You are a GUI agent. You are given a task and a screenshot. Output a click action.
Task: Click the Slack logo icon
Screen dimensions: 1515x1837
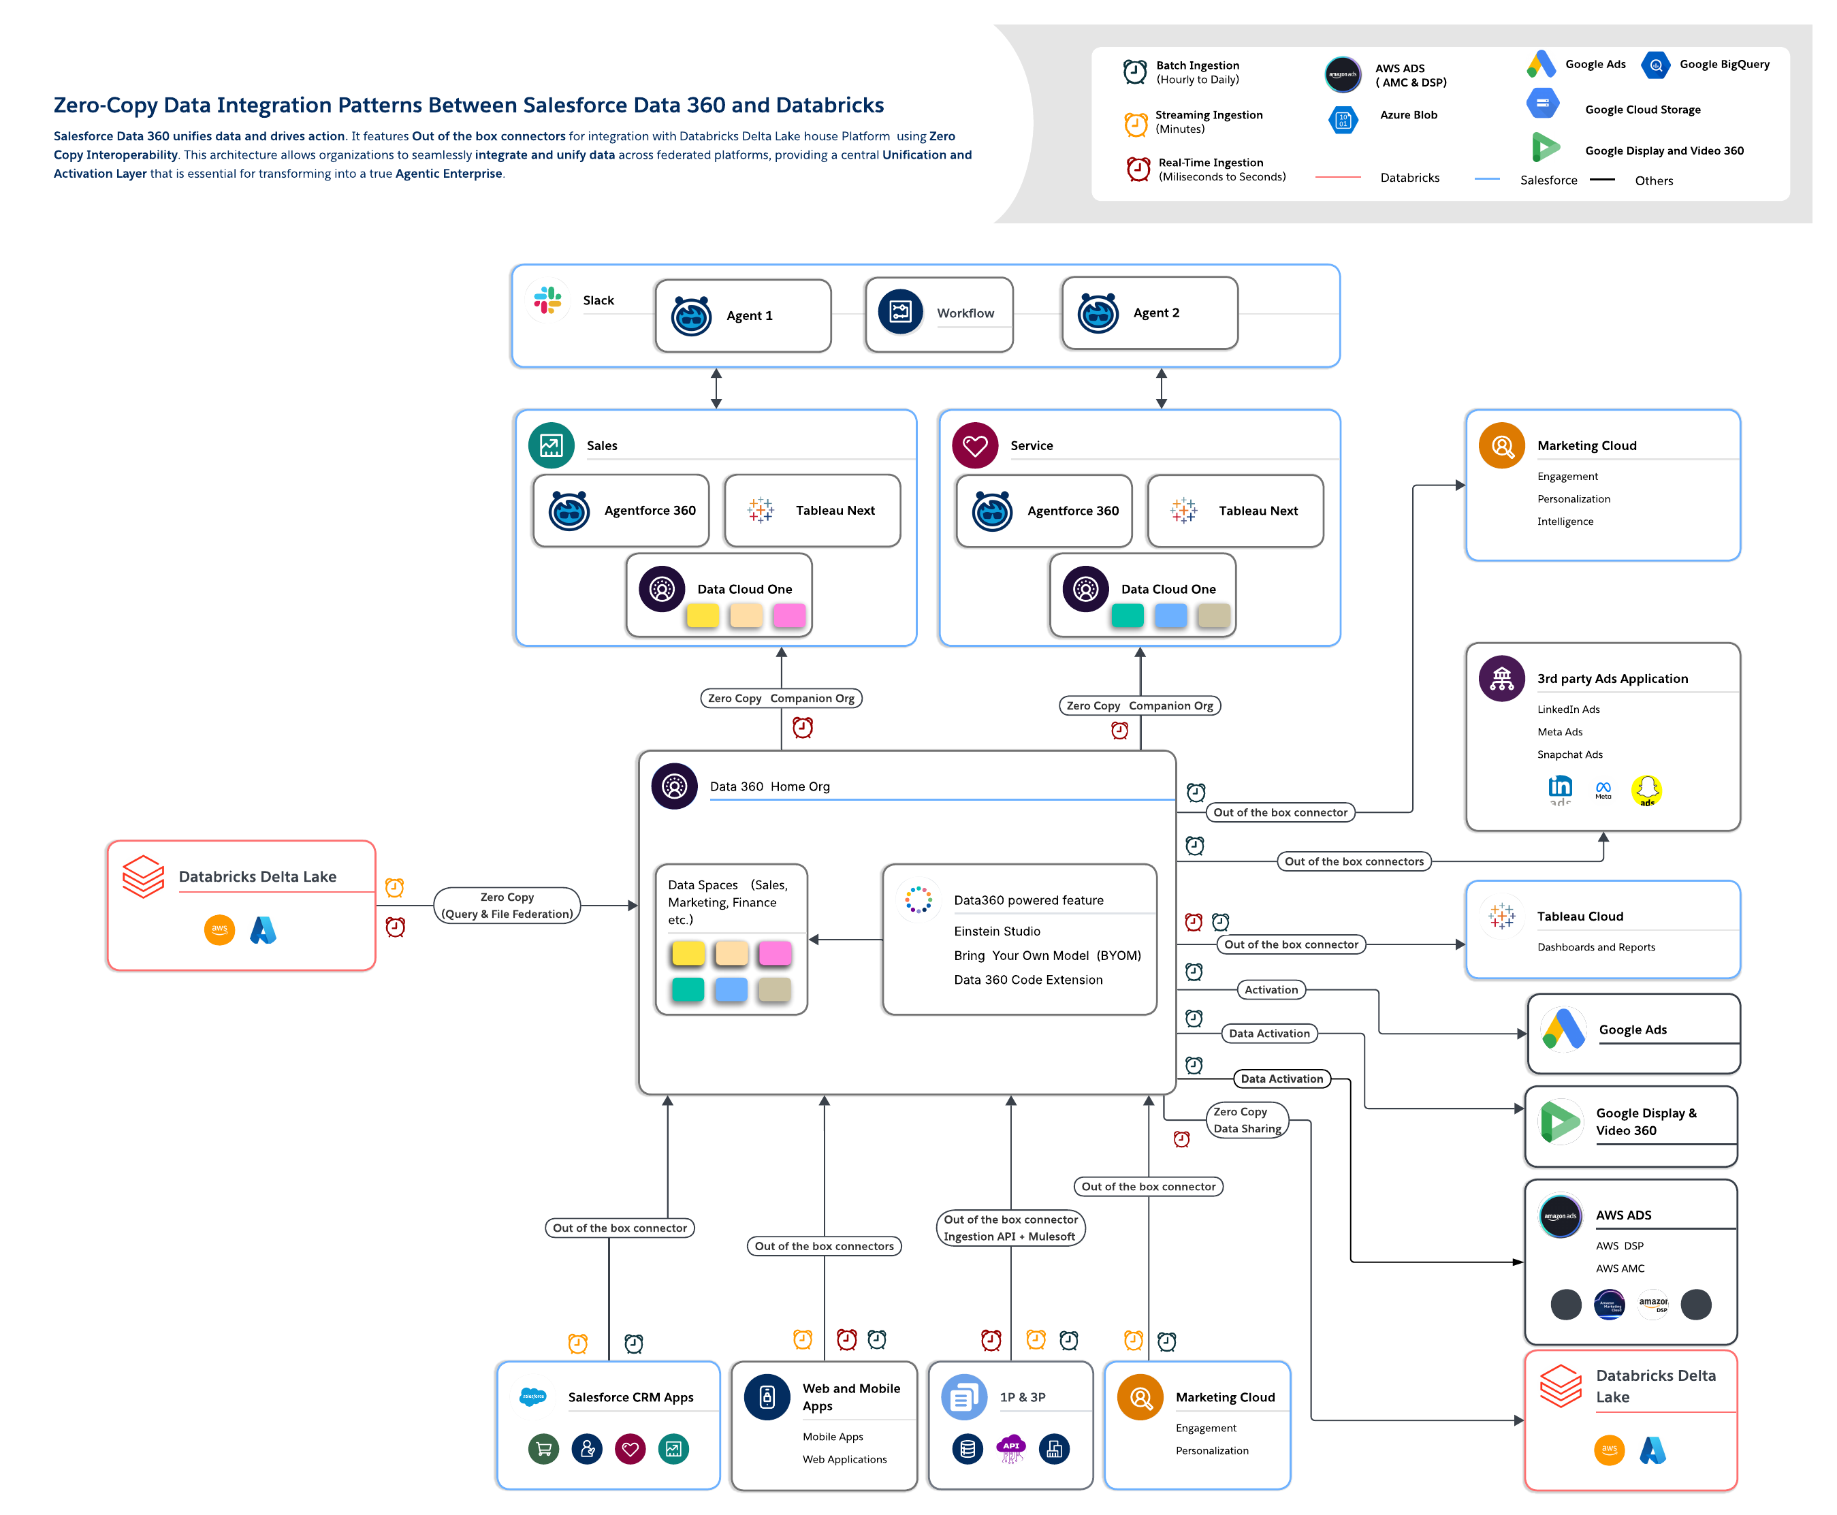548,300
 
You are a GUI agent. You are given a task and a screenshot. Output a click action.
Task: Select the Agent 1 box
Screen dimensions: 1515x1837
743,315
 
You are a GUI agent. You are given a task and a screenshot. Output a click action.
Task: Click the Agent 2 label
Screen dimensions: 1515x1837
1155,313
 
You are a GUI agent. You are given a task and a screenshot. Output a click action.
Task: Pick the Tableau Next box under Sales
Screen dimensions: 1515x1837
812,511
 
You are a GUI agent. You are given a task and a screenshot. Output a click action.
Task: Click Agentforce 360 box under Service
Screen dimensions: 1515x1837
1044,511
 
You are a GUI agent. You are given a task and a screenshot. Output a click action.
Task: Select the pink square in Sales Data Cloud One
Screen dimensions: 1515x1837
789,616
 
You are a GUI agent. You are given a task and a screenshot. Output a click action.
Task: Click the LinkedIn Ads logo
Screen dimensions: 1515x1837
1559,789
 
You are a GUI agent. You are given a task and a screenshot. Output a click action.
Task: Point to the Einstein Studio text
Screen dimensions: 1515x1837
997,931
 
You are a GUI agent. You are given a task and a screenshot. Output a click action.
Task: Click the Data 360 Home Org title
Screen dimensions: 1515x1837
769,786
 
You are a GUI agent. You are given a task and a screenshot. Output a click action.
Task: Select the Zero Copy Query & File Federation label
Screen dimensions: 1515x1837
507,905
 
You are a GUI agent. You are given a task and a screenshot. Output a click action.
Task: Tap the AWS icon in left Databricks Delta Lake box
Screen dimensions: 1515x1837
219,929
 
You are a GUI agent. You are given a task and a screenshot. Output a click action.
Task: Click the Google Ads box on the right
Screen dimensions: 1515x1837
1632,1032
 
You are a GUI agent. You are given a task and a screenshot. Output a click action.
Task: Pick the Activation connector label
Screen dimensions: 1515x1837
1271,989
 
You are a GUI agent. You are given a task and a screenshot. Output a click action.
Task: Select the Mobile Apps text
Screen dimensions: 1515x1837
833,1437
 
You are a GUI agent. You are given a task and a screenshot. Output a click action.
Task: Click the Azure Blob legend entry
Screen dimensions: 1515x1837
1407,115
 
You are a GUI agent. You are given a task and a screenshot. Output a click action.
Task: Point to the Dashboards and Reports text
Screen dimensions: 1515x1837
1595,947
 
